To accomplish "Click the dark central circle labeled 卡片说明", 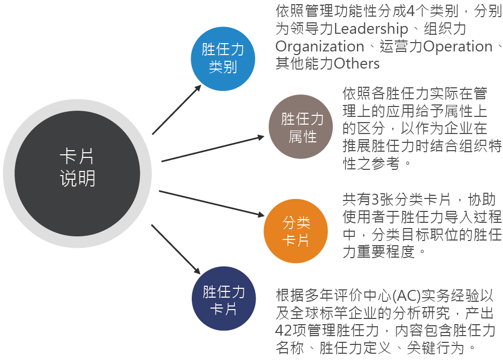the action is [77, 174].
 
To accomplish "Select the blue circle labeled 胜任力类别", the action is [223, 59].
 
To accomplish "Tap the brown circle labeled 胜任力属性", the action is [301, 127].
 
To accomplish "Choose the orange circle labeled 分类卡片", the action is [296, 231].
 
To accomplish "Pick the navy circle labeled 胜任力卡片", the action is [224, 299].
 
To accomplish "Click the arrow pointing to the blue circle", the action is [177, 109].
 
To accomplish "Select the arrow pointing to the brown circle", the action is [213, 149].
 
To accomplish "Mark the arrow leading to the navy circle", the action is [176, 249].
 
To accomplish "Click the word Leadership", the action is [371, 29].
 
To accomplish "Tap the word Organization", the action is [320, 46].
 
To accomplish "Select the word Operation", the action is [458, 46].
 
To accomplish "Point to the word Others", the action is [356, 63].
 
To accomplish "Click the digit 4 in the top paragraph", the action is [411, 11].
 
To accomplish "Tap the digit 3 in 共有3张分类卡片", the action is [375, 199].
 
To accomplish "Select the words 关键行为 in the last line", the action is [435, 348].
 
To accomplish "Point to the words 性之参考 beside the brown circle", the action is [372, 164].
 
